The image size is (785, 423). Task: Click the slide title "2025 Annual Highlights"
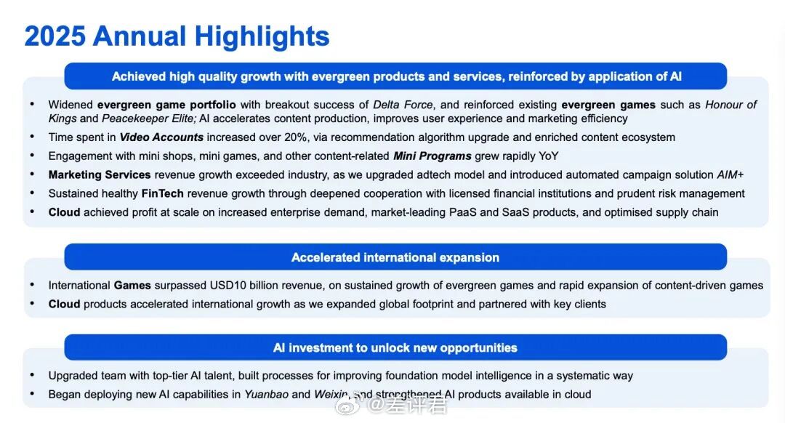[x=177, y=36]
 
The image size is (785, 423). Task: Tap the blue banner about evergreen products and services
[x=395, y=76]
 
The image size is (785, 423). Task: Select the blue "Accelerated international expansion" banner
[x=395, y=257]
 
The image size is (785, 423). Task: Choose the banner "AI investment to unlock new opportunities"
[x=395, y=347]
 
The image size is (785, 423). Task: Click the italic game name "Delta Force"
[x=403, y=105]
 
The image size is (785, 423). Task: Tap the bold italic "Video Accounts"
[x=161, y=137]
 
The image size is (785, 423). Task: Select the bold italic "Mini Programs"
[x=432, y=156]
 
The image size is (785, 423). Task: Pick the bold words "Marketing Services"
[x=100, y=174]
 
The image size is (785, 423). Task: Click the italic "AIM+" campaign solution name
[x=730, y=174]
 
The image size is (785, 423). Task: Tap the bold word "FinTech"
[x=163, y=194]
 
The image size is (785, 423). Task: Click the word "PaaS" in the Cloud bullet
[x=462, y=212]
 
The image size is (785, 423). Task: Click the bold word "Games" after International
[x=132, y=286]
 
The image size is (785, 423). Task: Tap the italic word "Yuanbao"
[x=266, y=395]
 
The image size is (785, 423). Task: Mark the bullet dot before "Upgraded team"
[x=32, y=375]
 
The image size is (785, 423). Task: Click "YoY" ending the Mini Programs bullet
[x=548, y=156]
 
